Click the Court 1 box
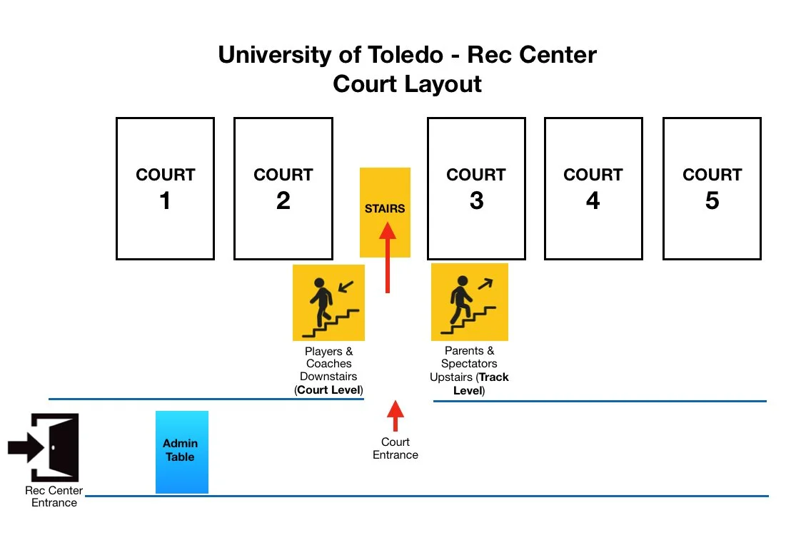(165, 188)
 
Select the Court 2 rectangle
(283, 188)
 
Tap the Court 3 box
(476, 188)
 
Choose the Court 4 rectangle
(593, 188)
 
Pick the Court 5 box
(712, 188)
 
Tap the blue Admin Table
(181, 452)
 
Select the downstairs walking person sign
(328, 302)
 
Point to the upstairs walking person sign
(469, 302)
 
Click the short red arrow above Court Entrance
(395, 416)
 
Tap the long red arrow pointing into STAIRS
(387, 257)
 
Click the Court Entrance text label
(395, 449)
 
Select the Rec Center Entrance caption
(54, 496)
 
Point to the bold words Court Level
(330, 390)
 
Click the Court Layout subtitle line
(407, 84)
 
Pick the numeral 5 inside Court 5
(712, 201)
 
